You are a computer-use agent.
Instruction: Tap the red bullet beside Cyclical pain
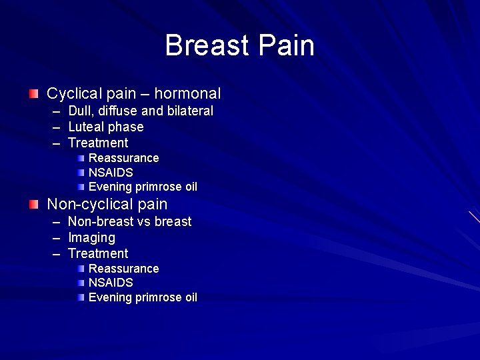click(x=34, y=94)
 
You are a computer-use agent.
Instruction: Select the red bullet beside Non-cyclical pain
click(x=34, y=204)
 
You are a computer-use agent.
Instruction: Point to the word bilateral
click(x=189, y=111)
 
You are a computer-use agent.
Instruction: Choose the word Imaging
click(x=91, y=237)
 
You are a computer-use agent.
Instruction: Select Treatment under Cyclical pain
click(x=98, y=143)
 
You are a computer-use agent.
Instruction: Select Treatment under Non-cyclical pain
click(x=98, y=253)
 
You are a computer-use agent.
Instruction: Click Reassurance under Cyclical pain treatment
click(x=124, y=158)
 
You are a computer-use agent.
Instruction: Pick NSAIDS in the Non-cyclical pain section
click(x=111, y=283)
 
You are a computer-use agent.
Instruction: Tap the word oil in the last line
click(x=191, y=297)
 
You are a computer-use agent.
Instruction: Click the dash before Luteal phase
click(x=56, y=127)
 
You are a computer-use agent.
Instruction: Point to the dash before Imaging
click(x=56, y=237)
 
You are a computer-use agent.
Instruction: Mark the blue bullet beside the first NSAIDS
click(x=81, y=173)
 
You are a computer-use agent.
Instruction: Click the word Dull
click(x=79, y=111)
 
